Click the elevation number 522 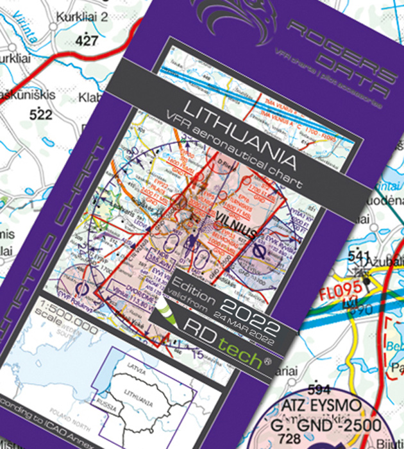44,115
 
